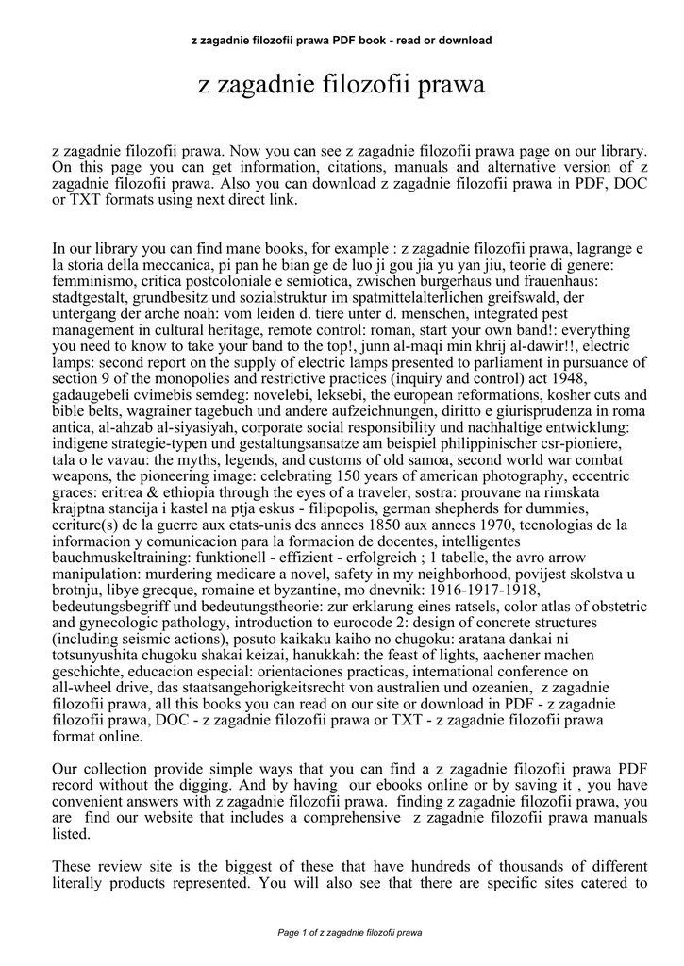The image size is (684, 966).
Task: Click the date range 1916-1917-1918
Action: coord(457,590)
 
